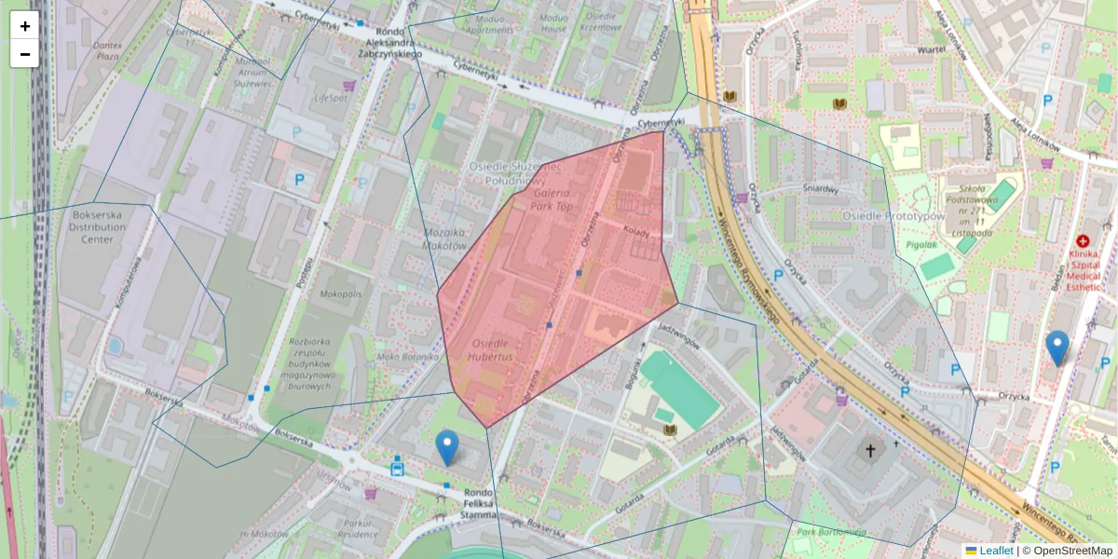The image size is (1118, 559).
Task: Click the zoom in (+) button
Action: (25, 26)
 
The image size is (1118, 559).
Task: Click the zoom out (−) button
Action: (25, 54)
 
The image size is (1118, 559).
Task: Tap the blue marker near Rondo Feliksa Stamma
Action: (448, 448)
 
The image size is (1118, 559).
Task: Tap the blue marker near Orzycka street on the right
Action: (1057, 348)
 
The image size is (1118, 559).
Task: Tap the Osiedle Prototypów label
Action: (893, 216)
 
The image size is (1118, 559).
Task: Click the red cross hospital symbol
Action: (1083, 240)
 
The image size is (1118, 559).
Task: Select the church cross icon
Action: (870, 451)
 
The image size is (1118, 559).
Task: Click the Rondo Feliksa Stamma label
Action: (479, 504)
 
